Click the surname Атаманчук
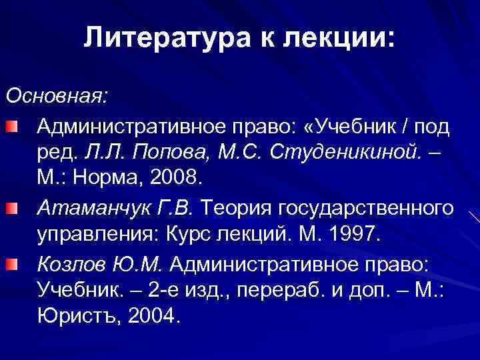(x=87, y=209)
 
